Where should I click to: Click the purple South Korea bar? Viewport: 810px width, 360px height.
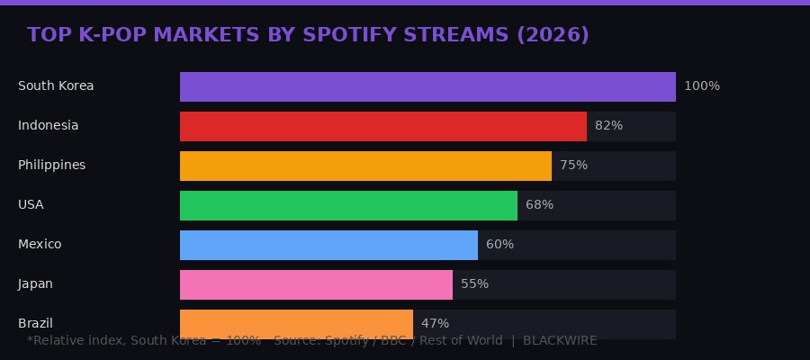click(x=427, y=86)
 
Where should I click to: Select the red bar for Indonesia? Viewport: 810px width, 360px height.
click(x=383, y=126)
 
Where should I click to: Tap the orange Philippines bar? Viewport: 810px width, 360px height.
click(x=365, y=166)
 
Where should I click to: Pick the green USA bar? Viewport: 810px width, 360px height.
click(x=348, y=205)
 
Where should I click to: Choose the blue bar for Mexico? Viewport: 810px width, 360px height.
click(x=328, y=245)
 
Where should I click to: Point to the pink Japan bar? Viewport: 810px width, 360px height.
click(x=316, y=284)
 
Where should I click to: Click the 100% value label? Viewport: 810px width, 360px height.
click(x=702, y=86)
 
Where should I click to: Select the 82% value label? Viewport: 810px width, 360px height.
click(x=608, y=126)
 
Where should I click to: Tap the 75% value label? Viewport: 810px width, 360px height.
click(x=573, y=166)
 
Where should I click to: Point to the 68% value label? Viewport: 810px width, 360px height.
click(x=539, y=205)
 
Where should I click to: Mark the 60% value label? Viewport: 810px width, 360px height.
click(x=499, y=245)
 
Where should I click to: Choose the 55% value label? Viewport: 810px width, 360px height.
click(x=474, y=284)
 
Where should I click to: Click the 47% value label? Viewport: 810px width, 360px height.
click(x=435, y=323)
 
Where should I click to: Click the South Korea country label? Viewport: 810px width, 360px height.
click(x=56, y=86)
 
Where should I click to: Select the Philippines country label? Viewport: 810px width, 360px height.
click(x=51, y=166)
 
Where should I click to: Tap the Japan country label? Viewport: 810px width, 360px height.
click(x=35, y=284)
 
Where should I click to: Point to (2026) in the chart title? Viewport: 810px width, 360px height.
click(x=553, y=35)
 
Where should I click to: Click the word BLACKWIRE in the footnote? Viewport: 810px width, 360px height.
click(x=560, y=341)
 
